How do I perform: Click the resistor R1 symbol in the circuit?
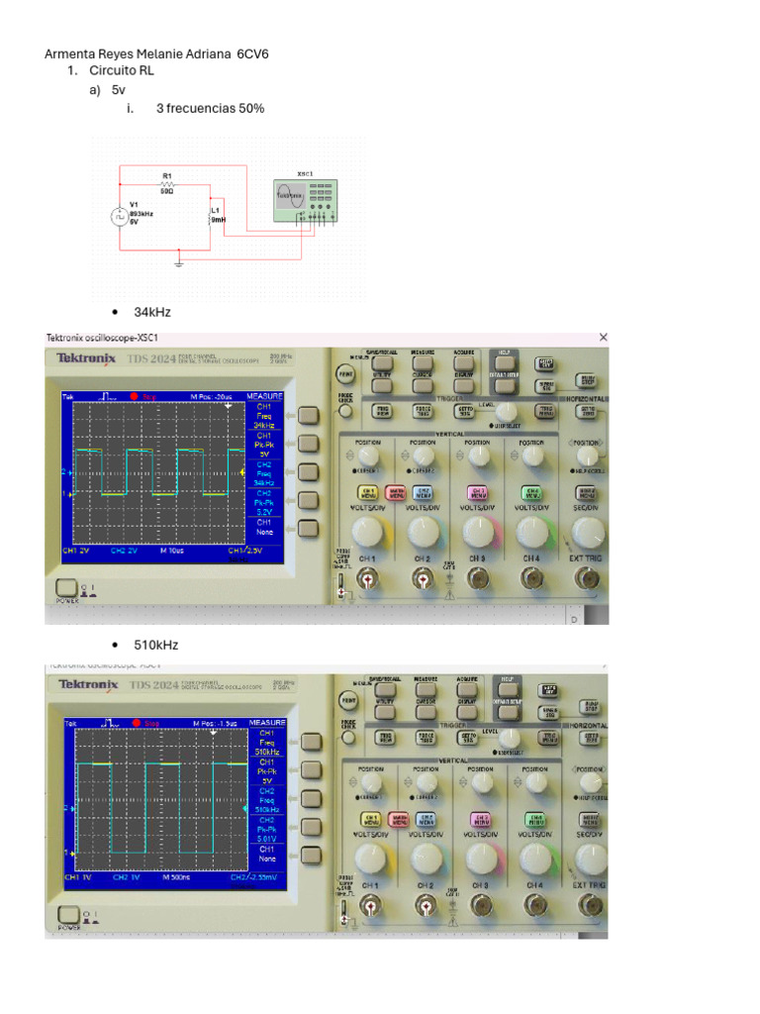coord(167,184)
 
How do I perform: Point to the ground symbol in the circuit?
coord(179,262)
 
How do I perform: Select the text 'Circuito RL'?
coord(122,71)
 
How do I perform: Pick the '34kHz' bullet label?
coord(152,312)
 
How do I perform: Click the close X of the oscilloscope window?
coord(604,338)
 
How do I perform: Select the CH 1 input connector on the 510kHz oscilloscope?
coord(369,904)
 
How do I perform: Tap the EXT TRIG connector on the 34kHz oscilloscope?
coord(588,583)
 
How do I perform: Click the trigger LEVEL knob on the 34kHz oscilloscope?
coord(507,411)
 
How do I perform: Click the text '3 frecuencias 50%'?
coord(210,108)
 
